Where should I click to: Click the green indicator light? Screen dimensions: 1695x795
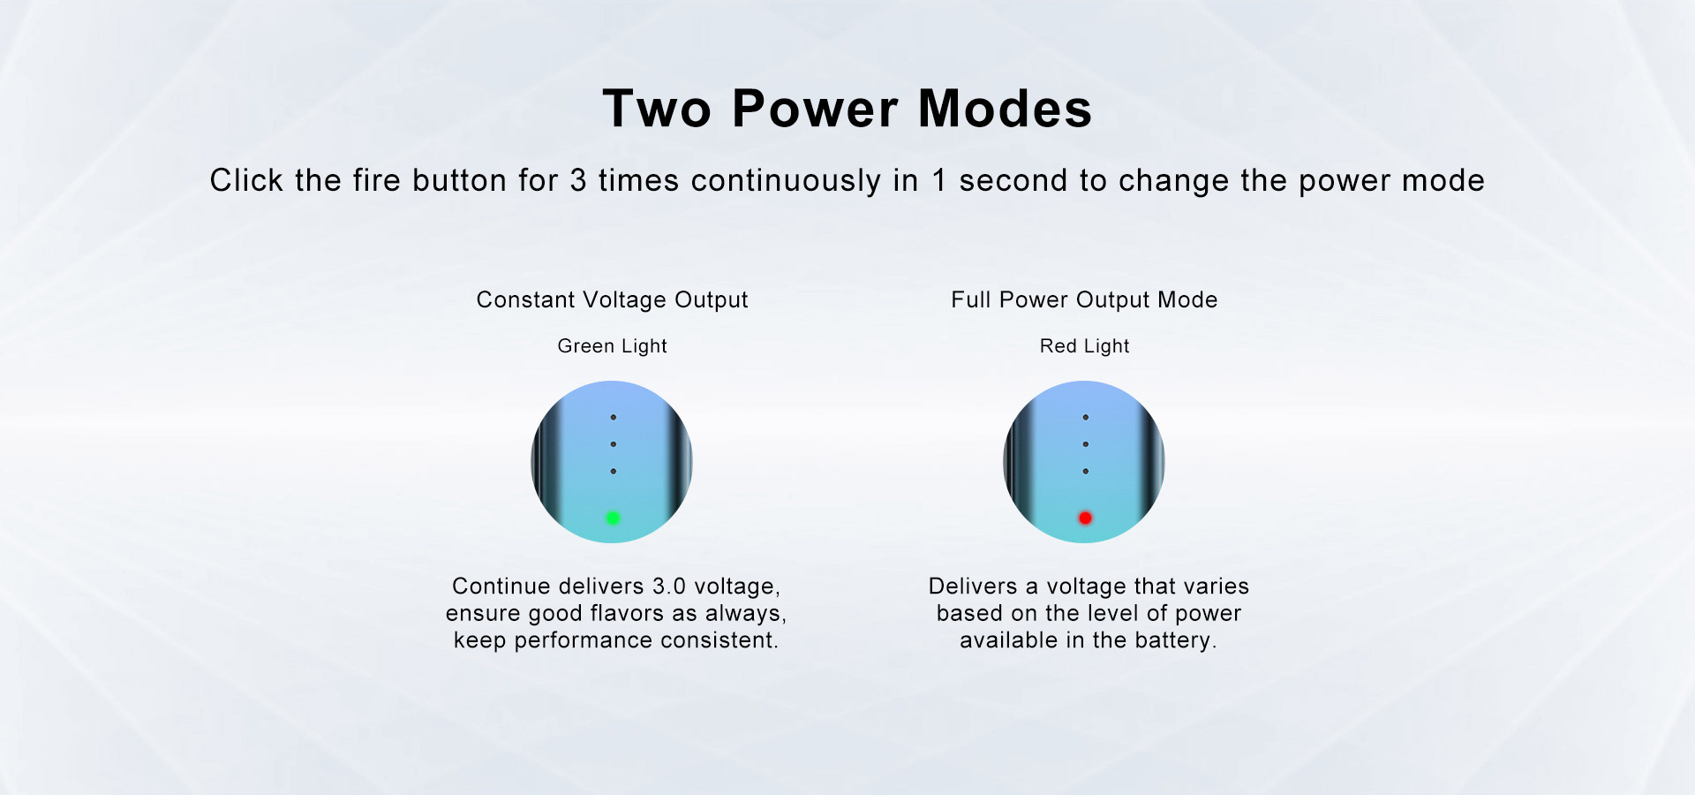coord(613,518)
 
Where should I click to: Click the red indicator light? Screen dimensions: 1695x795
coord(1085,518)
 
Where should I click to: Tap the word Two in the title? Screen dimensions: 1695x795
coord(657,109)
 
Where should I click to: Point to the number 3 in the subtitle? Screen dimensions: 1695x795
coord(578,180)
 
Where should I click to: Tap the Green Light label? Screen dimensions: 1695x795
coord(612,346)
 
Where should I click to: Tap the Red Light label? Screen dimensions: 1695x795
coord(1084,346)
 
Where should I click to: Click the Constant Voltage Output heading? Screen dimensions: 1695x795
coord(612,300)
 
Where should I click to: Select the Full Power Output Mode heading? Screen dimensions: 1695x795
coord(1084,300)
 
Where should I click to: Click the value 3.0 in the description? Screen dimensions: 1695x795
coord(669,587)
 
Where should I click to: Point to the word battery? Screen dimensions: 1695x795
coord(1172,640)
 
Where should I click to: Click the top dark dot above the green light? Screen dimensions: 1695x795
coord(613,417)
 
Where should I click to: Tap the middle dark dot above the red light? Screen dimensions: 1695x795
coord(1085,444)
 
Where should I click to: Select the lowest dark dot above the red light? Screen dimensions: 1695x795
coord(1085,472)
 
